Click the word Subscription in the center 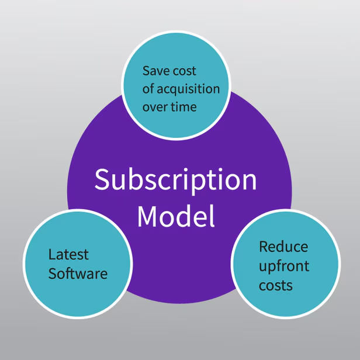coord(175,180)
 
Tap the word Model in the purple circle coord(176,216)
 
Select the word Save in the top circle coord(154,71)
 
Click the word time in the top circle coord(184,107)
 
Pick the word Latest coord(68,255)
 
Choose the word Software coord(78,273)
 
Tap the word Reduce coord(283,247)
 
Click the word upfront coord(284,266)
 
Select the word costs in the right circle coord(276,286)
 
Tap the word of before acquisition coord(148,89)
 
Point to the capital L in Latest coord(51,255)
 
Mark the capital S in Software coord(53,273)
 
